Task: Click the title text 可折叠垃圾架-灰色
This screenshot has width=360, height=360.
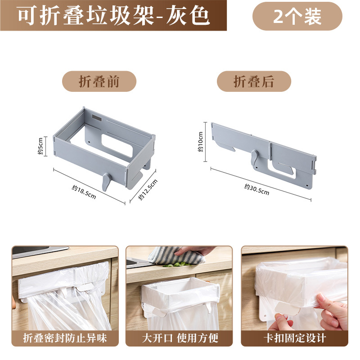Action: point(113,16)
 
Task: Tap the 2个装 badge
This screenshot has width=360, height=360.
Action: point(297,16)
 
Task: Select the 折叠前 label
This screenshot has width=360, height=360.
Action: point(99,81)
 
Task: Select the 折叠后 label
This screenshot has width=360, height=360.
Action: point(254,81)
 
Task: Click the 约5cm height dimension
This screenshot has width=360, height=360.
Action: point(40,146)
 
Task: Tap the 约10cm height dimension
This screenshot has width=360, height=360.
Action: point(201,141)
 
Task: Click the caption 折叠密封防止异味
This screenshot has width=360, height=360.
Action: point(65,338)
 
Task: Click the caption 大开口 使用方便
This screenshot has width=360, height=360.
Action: point(179,338)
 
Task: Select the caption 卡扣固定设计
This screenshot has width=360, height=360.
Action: point(294,338)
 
